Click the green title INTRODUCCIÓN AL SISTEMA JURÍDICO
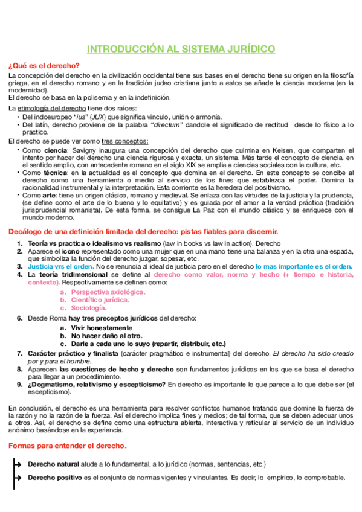[181, 48]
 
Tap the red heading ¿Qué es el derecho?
[44, 65]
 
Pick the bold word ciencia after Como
[56, 150]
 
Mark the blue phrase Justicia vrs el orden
[66, 266]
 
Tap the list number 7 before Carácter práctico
[19, 353]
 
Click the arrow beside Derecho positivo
[18, 478]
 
